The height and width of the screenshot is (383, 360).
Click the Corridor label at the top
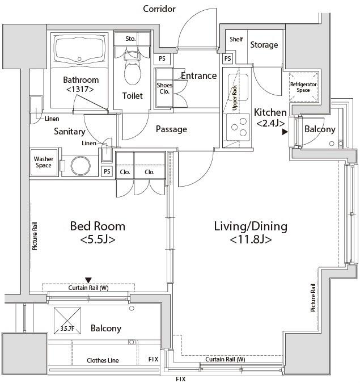click(x=159, y=9)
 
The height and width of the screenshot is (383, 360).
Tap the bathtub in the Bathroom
click(x=80, y=53)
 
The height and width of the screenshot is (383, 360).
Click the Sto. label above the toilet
click(x=130, y=39)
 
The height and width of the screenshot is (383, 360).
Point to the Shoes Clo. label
click(x=164, y=89)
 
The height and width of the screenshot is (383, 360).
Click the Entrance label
click(x=198, y=75)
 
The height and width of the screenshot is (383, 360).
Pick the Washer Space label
click(x=44, y=162)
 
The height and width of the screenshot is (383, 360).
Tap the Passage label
click(x=171, y=129)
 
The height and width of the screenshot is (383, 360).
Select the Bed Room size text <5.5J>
click(x=98, y=239)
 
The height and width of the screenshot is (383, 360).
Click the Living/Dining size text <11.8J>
click(x=251, y=240)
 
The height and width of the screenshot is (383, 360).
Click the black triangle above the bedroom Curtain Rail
click(x=88, y=280)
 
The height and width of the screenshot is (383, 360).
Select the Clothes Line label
click(x=103, y=360)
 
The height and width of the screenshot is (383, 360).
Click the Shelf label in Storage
click(x=236, y=39)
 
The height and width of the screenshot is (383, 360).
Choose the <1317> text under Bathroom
click(x=80, y=89)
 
